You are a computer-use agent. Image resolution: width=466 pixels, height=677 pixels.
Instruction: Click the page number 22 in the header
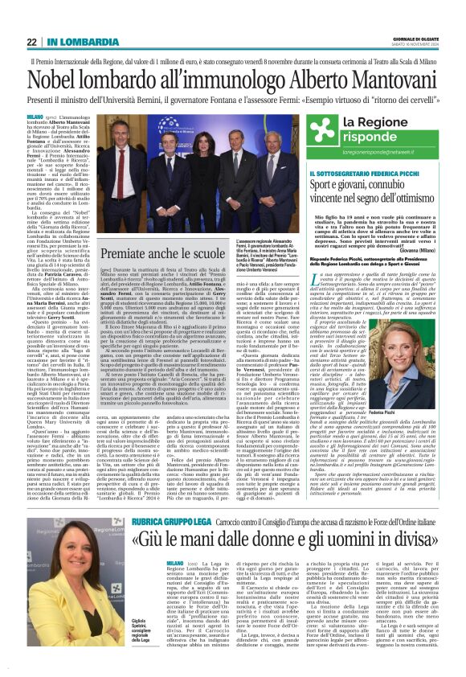coord(32,42)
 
